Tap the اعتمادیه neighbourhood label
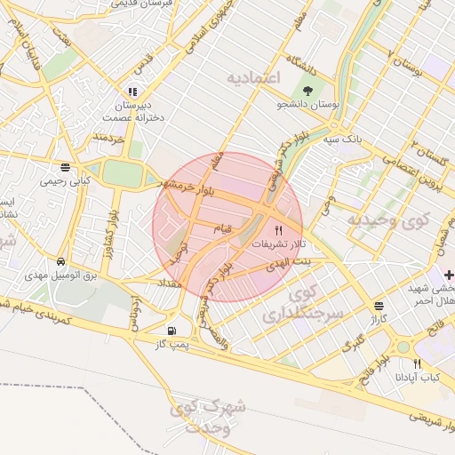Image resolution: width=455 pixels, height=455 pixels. pyautogui.click(x=253, y=78)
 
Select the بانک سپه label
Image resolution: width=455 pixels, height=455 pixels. pyautogui.click(x=341, y=140)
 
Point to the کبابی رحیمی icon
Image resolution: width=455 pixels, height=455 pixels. pyautogui.click(x=65, y=167)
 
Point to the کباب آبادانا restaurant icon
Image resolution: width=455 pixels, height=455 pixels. pyautogui.click(x=417, y=363)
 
